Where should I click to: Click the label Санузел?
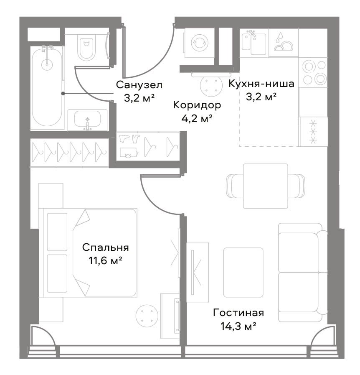pos(139,85)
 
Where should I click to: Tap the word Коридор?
pos(197,105)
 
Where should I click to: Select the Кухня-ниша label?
pos(261,84)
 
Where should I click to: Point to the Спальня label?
pos(105,248)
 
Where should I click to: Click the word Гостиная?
pos(238,313)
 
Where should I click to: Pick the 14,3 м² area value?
pos(238,326)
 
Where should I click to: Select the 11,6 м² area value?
pos(105,261)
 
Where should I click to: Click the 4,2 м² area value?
pos(197,118)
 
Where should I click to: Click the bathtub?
pos(47,86)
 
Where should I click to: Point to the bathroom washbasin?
pos(87,119)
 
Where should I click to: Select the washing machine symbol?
pos(200,43)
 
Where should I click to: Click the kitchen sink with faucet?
pos(254,43)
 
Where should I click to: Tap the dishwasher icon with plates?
pos(284,43)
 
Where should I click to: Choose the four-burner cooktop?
pos(313,72)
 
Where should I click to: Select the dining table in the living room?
pos(265,186)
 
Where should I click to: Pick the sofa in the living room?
pos(303,273)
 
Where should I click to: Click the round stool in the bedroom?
pos(147,316)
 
